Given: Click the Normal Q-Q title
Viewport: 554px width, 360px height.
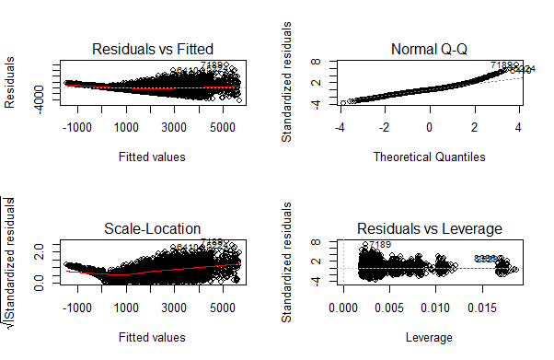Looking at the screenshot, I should (429, 49).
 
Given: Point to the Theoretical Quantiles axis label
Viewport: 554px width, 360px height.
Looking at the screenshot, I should (429, 157).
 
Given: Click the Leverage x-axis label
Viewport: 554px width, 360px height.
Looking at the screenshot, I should (429, 338).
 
